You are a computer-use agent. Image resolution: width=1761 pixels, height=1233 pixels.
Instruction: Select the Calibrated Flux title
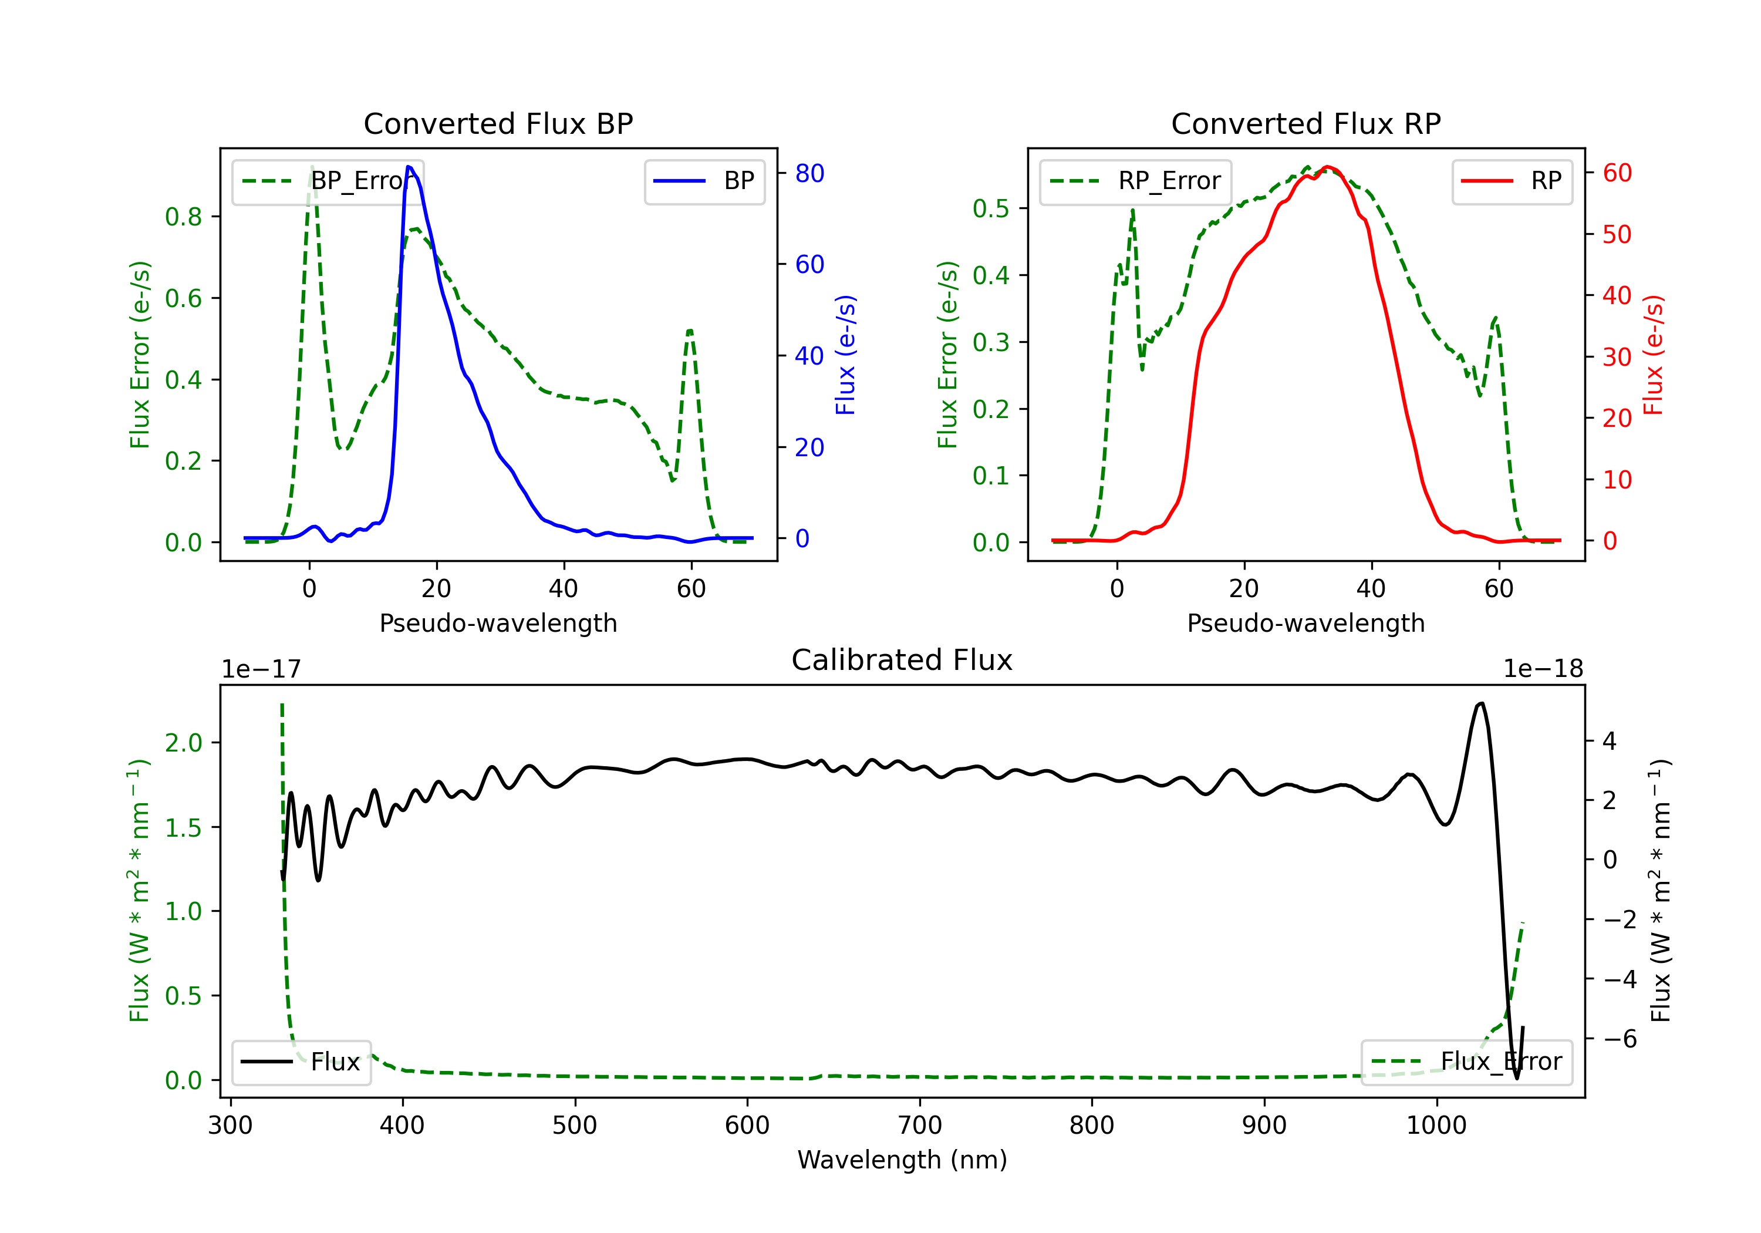(902, 660)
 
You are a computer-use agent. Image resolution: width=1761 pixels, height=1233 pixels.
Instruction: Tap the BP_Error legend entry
(328, 181)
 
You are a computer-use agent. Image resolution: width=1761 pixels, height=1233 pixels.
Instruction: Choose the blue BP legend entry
(704, 181)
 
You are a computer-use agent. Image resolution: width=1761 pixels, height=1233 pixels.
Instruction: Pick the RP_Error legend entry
(1135, 181)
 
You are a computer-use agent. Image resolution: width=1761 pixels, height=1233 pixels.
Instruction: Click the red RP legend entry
(1512, 181)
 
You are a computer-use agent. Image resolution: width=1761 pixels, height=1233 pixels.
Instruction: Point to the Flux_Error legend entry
(1466, 1062)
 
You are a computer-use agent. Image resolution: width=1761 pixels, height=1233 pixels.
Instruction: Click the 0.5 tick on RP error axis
(991, 208)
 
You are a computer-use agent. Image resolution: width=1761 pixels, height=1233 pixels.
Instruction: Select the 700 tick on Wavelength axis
(920, 1126)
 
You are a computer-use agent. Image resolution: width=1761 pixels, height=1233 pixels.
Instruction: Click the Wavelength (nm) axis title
(902, 1160)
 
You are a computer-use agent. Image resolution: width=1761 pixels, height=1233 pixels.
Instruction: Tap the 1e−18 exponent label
(1543, 669)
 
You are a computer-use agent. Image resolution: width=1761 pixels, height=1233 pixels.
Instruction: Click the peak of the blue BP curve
(409, 167)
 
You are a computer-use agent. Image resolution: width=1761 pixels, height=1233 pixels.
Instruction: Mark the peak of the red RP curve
(1328, 167)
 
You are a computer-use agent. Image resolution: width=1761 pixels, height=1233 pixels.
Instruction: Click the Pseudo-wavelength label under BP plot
(498, 623)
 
